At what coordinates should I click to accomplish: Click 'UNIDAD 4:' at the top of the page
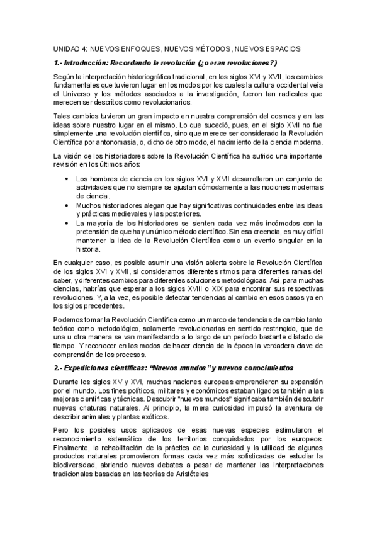pos(69,48)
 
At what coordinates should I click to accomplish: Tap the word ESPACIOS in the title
pos(280,48)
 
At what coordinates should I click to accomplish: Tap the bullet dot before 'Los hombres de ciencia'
pos(68,179)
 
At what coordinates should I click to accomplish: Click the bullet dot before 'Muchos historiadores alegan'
pos(68,205)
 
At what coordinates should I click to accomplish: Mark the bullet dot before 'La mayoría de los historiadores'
pos(68,222)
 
